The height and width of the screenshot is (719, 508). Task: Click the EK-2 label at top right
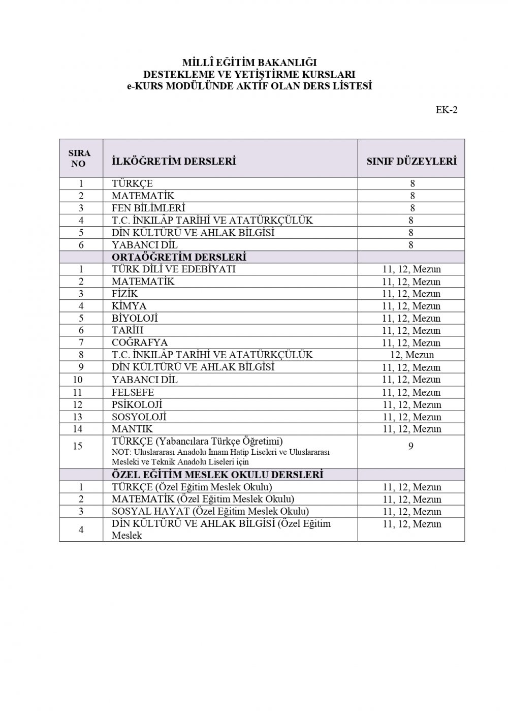point(447,110)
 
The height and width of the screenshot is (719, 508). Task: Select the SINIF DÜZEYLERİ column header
point(411,161)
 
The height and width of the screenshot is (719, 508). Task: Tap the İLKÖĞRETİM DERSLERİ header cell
point(174,161)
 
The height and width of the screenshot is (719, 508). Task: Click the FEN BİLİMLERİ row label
point(148,208)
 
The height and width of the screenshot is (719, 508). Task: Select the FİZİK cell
point(125,294)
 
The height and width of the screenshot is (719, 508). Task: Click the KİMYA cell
point(129,306)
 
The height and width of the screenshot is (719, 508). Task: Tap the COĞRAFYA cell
point(140,342)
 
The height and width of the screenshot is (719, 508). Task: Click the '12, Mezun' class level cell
point(411,355)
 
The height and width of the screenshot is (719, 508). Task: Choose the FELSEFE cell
point(133,392)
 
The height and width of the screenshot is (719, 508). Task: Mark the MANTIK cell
point(132,429)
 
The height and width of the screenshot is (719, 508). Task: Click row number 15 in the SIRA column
point(78,446)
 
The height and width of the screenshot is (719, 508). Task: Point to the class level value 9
point(411,446)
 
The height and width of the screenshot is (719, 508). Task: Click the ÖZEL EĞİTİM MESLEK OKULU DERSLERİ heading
point(217,475)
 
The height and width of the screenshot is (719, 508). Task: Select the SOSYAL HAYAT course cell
point(210,511)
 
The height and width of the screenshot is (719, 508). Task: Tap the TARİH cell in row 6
point(128,330)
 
